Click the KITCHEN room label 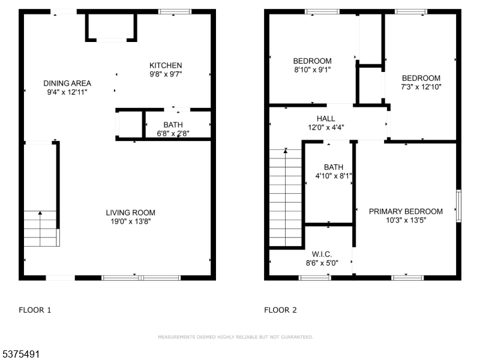166,65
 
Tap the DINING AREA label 67,83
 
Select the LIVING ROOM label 130,212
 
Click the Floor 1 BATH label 173,125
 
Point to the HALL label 326,119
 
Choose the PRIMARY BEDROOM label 406,211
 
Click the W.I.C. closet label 322,254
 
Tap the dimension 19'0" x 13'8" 130,221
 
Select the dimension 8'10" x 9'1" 312,70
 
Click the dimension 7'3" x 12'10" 421,87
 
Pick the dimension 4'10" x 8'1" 333,176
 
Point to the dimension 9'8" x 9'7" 166,74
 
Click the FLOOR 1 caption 35,310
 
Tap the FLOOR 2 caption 280,310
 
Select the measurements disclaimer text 235,337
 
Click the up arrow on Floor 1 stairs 40,213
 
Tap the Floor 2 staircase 285,198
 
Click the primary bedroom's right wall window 458,206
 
